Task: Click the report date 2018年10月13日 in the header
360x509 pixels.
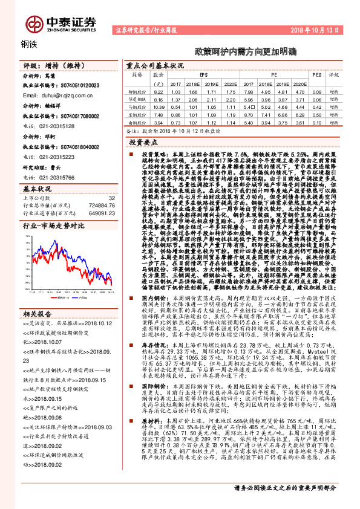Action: (x=323, y=29)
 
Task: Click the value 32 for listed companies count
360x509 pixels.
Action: (x=111, y=198)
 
